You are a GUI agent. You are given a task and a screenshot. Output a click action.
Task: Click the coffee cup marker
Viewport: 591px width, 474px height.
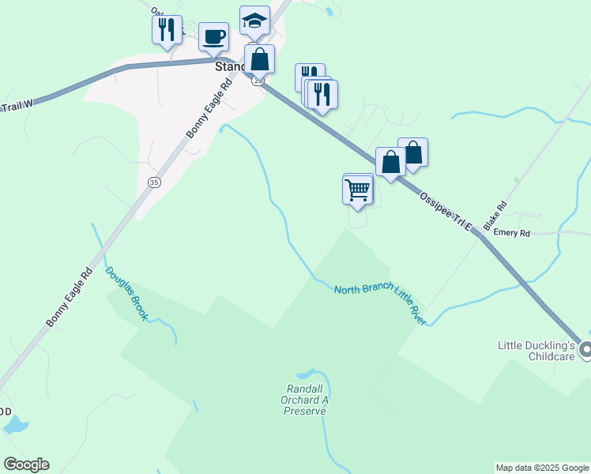point(214,36)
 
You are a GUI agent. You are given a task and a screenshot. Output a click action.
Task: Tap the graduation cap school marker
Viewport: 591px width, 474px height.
point(254,21)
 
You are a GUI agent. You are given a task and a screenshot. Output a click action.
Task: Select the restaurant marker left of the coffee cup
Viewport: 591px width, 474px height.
point(167,30)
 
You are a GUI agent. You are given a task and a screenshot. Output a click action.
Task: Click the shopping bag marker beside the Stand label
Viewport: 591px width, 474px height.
point(259,58)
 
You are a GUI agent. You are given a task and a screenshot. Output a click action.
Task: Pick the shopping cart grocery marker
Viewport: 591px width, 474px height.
point(358,190)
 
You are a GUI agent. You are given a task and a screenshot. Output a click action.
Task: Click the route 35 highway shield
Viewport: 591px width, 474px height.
point(153,182)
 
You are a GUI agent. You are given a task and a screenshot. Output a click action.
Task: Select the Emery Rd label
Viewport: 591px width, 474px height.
point(511,233)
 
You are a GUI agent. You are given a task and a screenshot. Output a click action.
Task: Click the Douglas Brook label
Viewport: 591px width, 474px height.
point(126,293)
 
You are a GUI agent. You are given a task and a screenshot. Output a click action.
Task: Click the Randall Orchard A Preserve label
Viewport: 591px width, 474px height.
point(305,400)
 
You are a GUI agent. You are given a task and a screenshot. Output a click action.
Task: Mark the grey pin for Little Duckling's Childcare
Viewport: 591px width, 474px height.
point(585,349)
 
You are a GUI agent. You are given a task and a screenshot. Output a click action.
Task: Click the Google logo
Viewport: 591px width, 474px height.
point(26,465)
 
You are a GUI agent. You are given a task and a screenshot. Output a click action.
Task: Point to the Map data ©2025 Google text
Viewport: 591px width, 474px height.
point(542,468)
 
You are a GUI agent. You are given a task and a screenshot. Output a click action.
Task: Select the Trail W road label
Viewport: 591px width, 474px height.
point(16,105)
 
